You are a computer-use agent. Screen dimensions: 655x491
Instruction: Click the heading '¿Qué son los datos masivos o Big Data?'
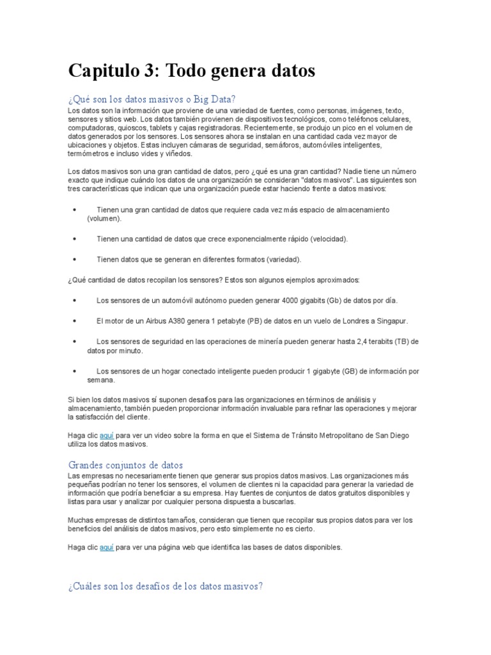152,100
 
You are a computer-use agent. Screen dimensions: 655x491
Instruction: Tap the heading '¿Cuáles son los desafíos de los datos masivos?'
165,586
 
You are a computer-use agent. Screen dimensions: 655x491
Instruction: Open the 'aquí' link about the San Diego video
107,436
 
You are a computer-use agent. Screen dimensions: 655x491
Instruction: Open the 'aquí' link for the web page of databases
107,548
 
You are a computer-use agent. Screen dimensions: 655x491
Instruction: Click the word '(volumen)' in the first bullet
104,219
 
